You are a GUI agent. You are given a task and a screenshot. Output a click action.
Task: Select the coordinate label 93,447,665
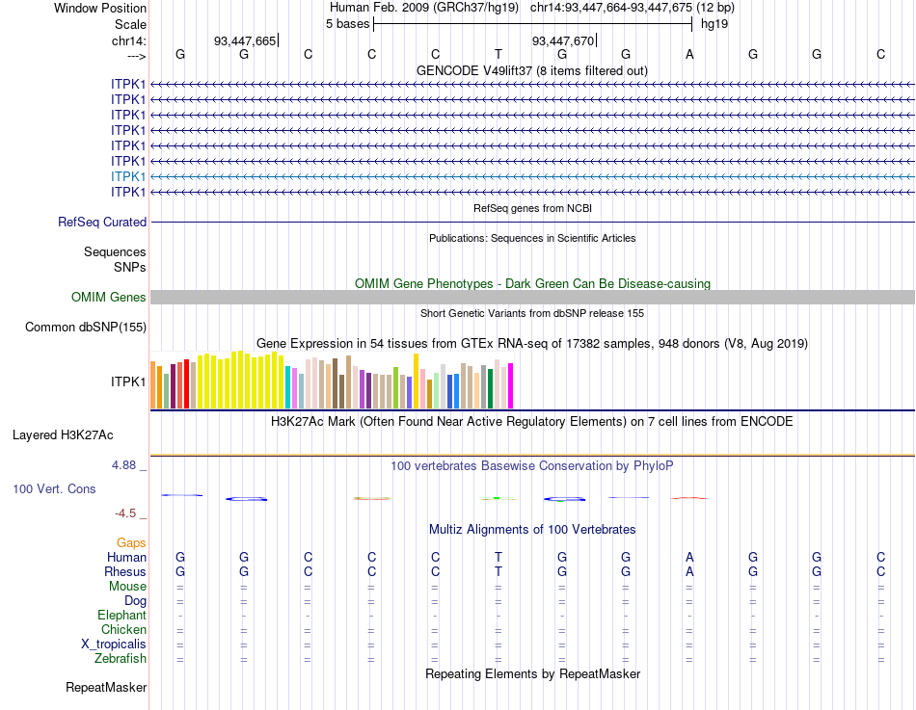[x=245, y=40]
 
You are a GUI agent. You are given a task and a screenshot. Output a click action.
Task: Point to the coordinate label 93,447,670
[x=563, y=40]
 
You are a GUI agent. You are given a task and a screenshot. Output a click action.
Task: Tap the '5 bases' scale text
[x=347, y=24]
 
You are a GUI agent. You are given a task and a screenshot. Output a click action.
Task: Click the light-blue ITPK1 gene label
[x=128, y=176]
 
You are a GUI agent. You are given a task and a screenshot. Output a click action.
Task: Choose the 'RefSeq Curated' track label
[x=102, y=223]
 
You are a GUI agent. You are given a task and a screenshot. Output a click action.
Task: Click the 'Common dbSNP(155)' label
[x=86, y=328]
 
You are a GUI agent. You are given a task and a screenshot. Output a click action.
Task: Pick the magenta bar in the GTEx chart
[x=511, y=385]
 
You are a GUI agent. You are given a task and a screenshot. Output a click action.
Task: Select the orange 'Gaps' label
[x=131, y=543]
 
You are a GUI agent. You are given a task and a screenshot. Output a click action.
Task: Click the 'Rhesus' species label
[x=125, y=572]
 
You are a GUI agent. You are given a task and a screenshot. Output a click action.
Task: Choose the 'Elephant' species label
[x=121, y=616]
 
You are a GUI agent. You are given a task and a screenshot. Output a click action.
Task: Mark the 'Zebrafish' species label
[x=121, y=659]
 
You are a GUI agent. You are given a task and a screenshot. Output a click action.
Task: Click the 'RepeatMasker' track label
[x=106, y=688]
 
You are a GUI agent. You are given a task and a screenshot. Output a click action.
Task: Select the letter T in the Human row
[x=498, y=558]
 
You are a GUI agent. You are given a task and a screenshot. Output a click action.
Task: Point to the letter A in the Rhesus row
[x=689, y=572]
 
